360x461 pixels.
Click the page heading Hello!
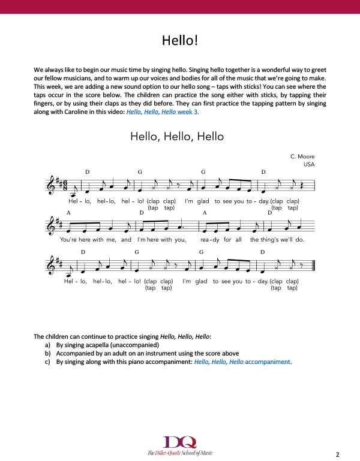[x=179, y=40]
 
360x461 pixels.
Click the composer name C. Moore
[x=302, y=156]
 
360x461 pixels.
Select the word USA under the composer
[x=308, y=164]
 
